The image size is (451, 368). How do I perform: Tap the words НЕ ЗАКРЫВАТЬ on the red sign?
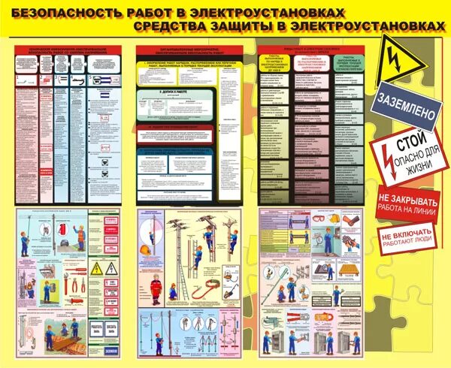(x=410, y=201)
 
